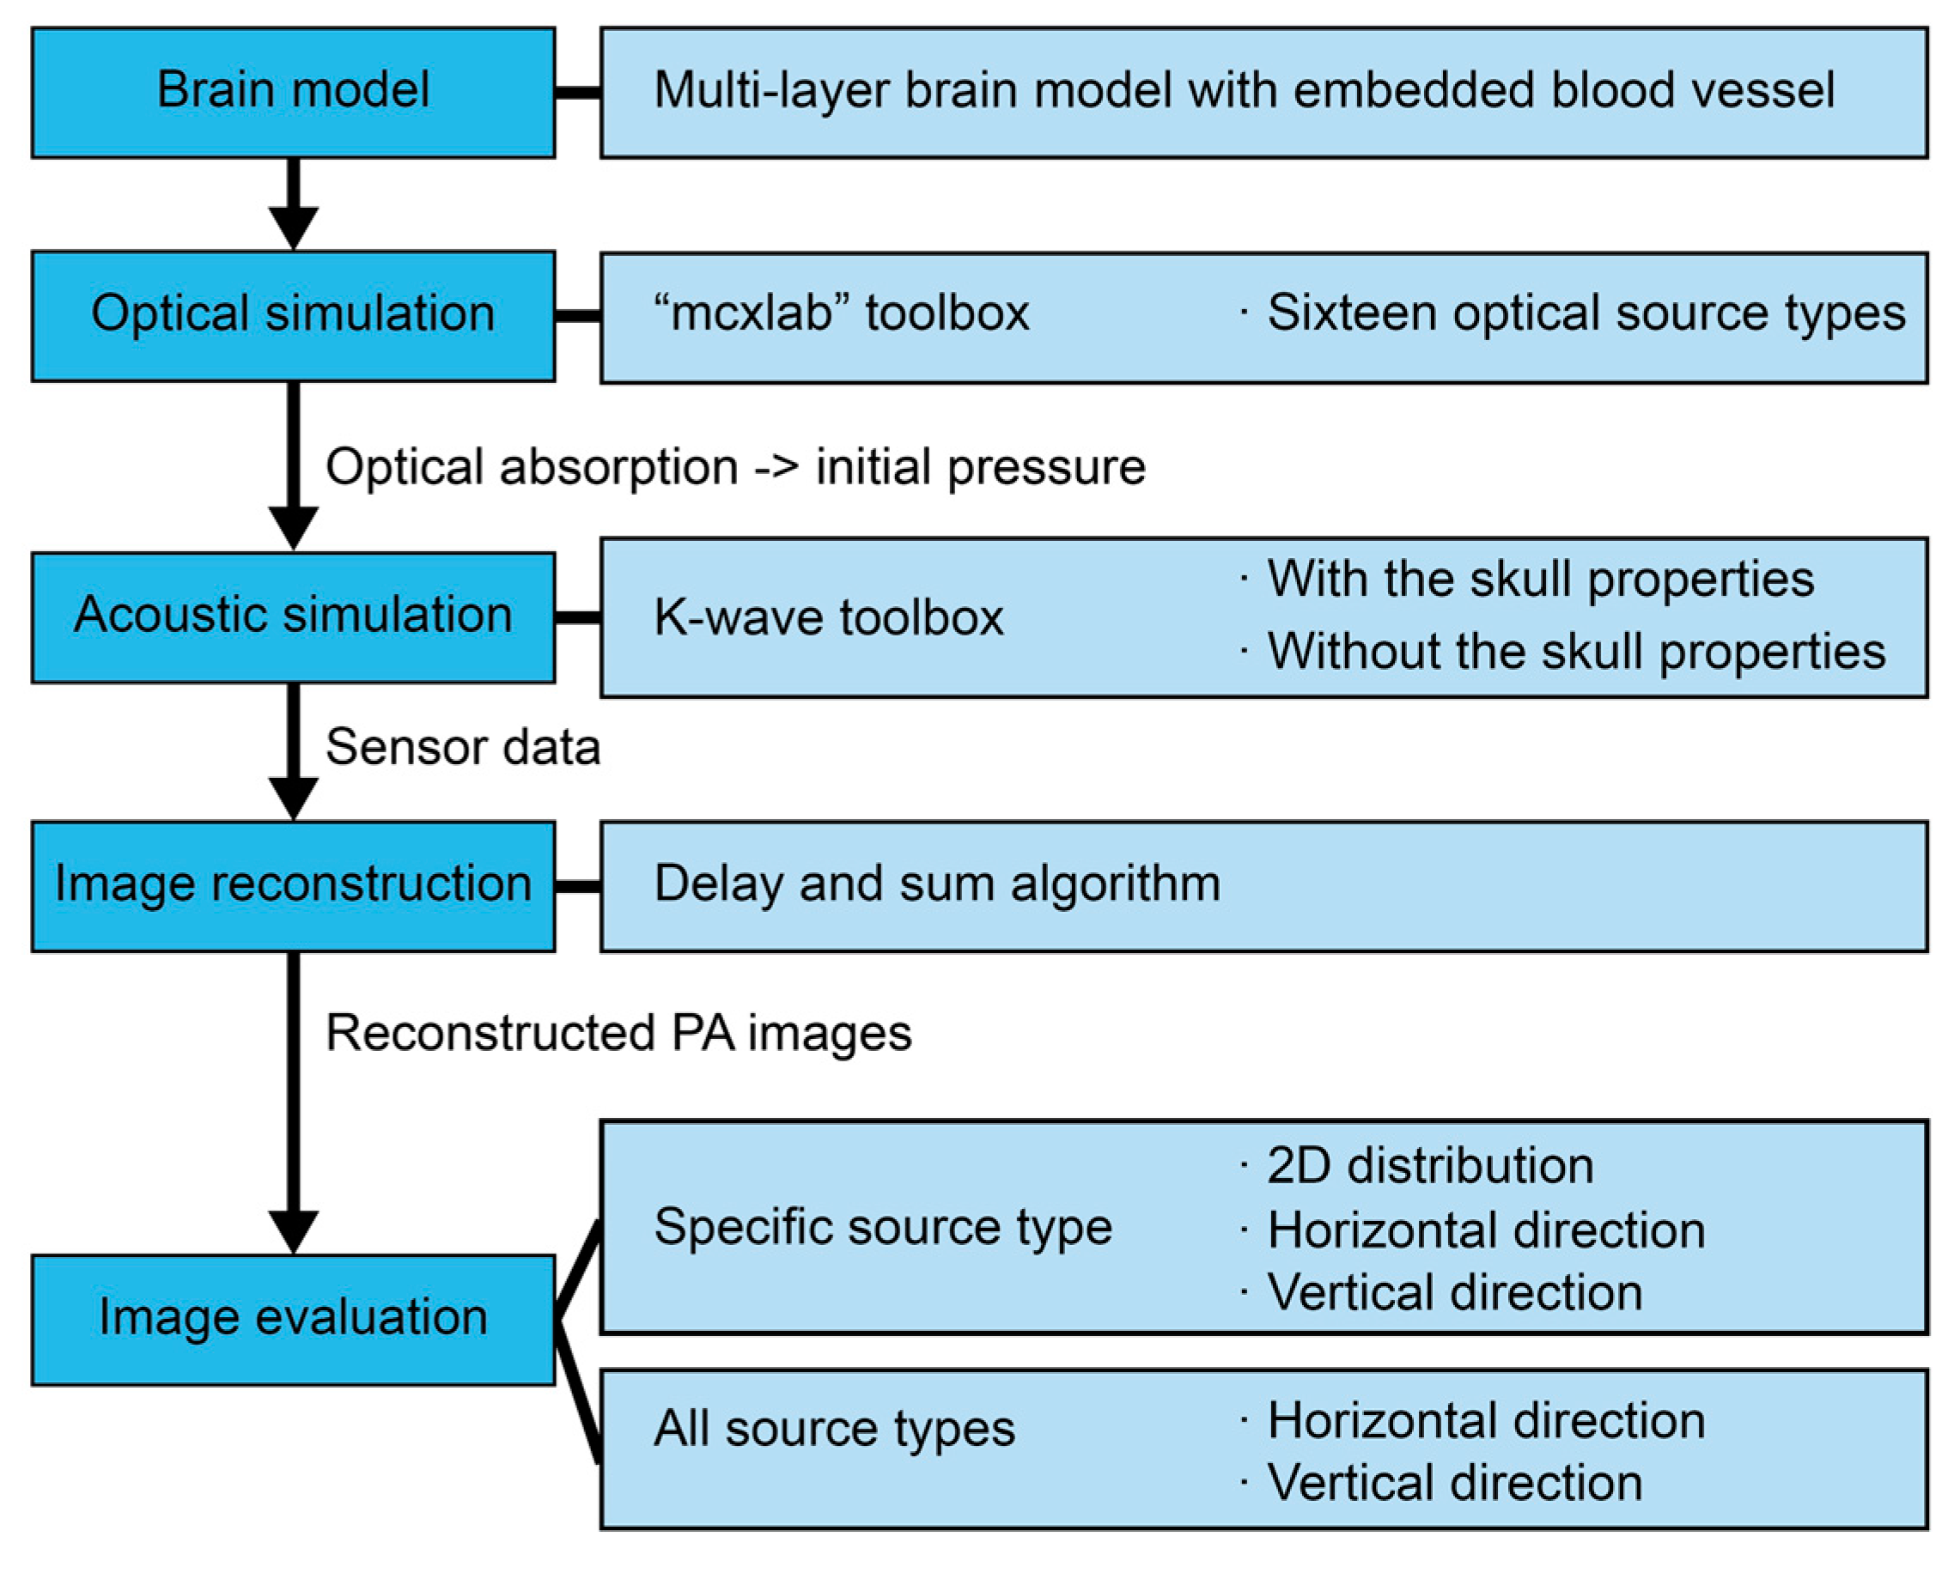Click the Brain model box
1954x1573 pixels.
(x=293, y=92)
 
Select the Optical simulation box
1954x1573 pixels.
(x=293, y=315)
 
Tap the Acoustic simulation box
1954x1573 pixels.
(x=293, y=616)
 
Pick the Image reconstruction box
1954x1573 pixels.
(x=293, y=885)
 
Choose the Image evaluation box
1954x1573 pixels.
(x=293, y=1318)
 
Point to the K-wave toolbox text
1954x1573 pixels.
(x=828, y=618)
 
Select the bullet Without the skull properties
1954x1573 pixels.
(x=1575, y=652)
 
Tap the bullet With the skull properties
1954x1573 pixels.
(x=1540, y=579)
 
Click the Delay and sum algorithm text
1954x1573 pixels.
(x=937, y=884)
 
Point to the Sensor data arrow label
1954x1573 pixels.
(x=462, y=749)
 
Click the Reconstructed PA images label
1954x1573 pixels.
(x=618, y=1034)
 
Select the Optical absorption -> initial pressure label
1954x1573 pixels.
(x=735, y=469)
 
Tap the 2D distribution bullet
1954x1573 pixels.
(x=1429, y=1166)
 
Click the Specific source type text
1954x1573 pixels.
(x=883, y=1228)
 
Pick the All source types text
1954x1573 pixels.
(x=834, y=1430)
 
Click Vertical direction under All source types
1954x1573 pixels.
(x=1454, y=1484)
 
